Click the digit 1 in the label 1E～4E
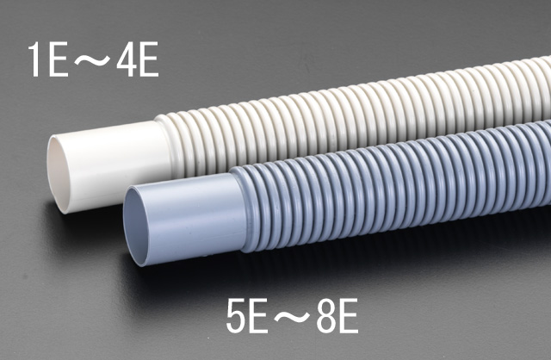click(34, 59)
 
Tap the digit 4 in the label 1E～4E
click(126, 59)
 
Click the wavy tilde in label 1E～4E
click(92, 59)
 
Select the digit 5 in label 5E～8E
click(237, 316)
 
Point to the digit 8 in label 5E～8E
click(326, 316)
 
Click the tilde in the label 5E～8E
click(293, 317)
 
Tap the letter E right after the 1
click(59, 59)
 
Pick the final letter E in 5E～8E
click(348, 316)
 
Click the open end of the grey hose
click(135, 226)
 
